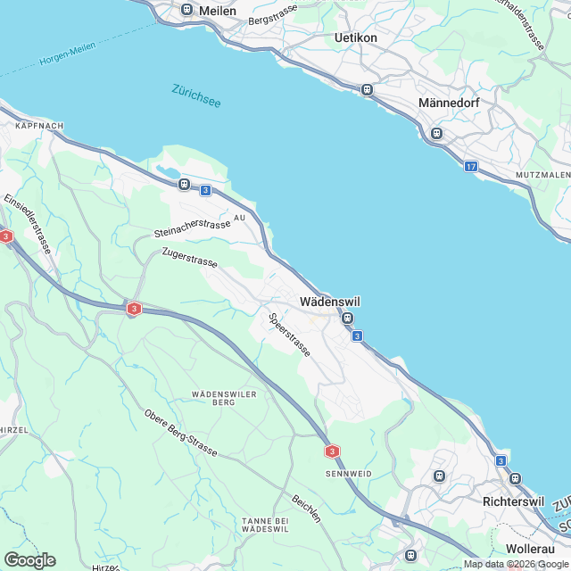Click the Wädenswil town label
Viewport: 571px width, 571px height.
(330, 302)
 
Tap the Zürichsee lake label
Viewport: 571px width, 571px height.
(195, 95)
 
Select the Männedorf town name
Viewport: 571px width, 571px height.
(449, 103)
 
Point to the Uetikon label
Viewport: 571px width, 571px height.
(355, 37)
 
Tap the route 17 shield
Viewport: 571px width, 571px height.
(470, 167)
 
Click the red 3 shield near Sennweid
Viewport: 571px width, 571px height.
(332, 451)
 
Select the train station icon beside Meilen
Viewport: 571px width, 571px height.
(186, 10)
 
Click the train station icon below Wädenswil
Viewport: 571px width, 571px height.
(348, 319)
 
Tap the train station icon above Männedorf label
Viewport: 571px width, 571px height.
(436, 134)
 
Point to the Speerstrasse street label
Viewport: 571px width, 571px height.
(289, 335)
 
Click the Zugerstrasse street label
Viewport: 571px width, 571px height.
(189, 259)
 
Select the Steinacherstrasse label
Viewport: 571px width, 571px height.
(192, 229)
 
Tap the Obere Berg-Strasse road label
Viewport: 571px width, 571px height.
(180, 433)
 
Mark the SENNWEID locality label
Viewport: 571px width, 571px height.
(348, 472)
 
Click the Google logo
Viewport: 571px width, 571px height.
(29, 559)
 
